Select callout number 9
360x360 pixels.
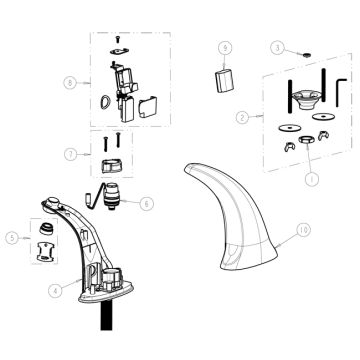pyautogui.click(x=225, y=47)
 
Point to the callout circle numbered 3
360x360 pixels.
pyautogui.click(x=281, y=45)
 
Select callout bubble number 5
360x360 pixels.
pyautogui.click(x=10, y=238)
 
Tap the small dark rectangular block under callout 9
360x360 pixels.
pyautogui.click(x=226, y=80)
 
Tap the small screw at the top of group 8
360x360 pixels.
pyautogui.click(x=119, y=37)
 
